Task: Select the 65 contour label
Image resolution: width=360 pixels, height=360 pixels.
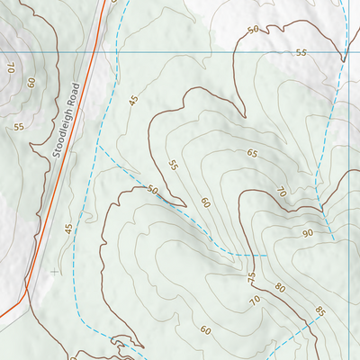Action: point(252,153)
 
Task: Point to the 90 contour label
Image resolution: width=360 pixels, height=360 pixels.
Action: point(306,233)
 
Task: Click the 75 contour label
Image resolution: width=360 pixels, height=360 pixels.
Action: point(251,277)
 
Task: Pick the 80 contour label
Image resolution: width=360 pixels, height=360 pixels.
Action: point(279,288)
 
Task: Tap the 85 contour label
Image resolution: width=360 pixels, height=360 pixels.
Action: point(320,311)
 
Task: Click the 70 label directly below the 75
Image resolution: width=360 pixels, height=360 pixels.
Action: point(255,300)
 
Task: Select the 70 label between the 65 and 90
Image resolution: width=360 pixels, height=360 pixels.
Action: point(281,192)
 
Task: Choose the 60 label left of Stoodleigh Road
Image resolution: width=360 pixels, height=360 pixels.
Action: point(31,82)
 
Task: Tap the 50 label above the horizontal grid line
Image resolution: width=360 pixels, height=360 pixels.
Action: point(253,30)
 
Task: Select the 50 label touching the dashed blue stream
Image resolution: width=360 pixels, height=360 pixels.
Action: point(152,191)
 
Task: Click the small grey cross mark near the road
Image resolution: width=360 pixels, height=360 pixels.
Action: point(55,270)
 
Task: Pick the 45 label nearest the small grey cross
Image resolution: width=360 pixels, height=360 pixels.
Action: point(67,229)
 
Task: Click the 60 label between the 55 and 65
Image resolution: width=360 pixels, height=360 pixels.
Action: point(205,202)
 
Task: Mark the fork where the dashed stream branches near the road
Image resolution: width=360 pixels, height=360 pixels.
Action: point(99,145)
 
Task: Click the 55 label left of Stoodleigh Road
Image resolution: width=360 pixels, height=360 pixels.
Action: point(18,126)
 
